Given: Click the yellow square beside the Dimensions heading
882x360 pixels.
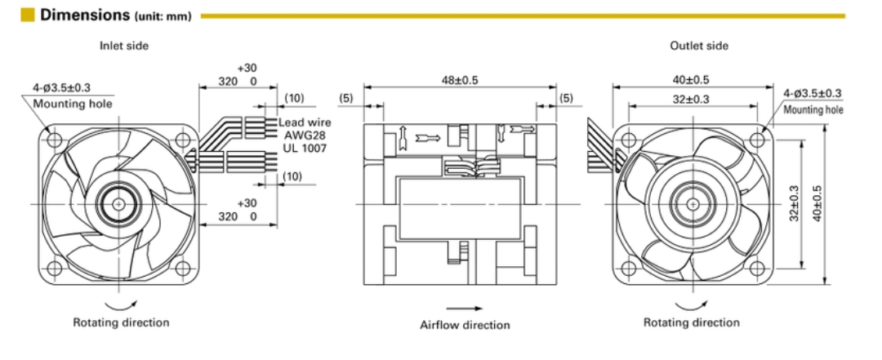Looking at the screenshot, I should coord(28,15).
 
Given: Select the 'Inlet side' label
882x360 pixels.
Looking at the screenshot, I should coord(124,46).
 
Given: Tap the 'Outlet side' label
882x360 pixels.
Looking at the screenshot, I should coord(698,46).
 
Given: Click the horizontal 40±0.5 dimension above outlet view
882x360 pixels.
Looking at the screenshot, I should coord(691,80).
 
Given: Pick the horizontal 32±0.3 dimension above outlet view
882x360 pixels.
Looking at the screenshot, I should coord(691,99).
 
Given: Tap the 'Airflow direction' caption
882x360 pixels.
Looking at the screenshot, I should coord(465,325).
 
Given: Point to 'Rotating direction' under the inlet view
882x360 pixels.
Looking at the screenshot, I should coord(121,322).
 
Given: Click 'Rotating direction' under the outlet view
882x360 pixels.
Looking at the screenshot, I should coord(692,322).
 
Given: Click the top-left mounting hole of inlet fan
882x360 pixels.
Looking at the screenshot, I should coord(56,140).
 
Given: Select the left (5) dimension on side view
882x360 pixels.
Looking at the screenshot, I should coord(346,99).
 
